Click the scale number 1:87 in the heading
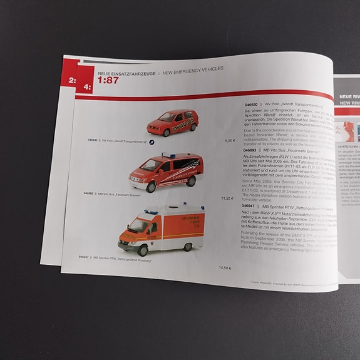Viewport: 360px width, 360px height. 108,80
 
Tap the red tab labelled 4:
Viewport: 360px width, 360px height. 86,87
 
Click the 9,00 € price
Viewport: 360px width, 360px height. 230,141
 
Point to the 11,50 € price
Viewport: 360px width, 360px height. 227,198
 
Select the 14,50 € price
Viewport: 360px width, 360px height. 225,268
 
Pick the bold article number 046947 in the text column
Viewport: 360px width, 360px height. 249,205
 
